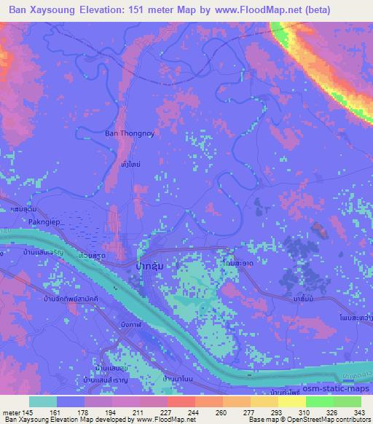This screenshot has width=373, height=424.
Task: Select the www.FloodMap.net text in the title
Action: tap(273, 10)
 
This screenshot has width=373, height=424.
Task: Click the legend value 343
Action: tap(352, 412)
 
